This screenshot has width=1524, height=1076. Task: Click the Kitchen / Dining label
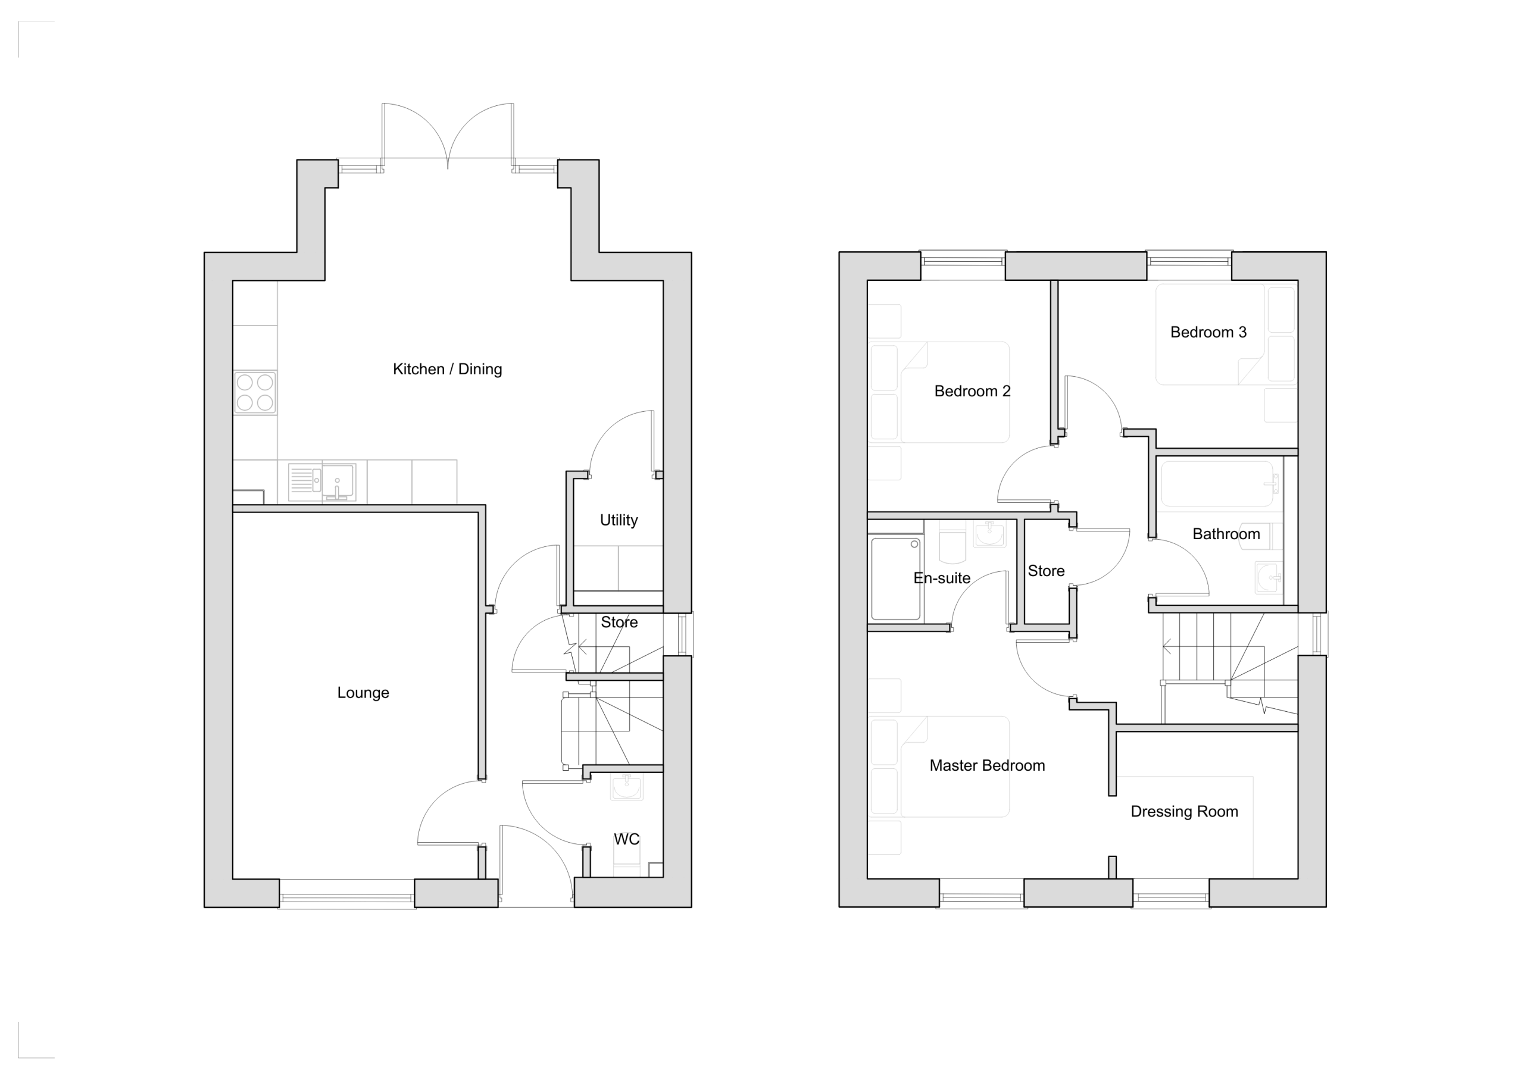coord(447,370)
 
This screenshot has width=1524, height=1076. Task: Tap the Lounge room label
coord(363,693)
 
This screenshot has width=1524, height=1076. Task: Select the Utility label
coord(619,521)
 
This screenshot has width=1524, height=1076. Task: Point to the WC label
coord(627,839)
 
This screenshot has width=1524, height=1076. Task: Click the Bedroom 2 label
coord(972,392)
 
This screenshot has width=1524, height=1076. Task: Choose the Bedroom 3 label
coord(1208,332)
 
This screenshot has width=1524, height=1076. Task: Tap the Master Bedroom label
coord(987,765)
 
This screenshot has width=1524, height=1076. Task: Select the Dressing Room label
coord(1184,812)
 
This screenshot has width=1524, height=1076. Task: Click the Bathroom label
coord(1226,534)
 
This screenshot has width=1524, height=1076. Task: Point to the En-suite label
coord(942,578)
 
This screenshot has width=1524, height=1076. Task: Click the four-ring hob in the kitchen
coord(255,393)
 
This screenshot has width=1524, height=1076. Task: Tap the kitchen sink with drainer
coord(322,481)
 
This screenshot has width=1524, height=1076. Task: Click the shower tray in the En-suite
coord(895,578)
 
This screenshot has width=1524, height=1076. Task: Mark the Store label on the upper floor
coord(1046,571)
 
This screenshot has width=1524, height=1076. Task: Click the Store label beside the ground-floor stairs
coord(619,623)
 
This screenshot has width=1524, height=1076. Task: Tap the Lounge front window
coord(346,897)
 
